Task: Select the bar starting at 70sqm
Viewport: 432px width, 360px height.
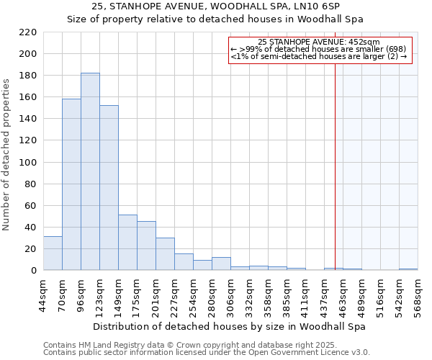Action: (71, 184)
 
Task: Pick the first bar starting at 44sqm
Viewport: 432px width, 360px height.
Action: (53, 253)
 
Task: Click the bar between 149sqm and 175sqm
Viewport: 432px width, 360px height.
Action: (127, 242)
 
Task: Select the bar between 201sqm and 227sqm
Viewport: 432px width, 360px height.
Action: (165, 253)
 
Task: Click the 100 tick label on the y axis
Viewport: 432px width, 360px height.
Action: (28, 163)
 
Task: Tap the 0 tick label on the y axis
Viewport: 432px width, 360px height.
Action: (33, 271)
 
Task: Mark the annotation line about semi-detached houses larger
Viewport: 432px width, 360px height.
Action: (319, 56)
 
